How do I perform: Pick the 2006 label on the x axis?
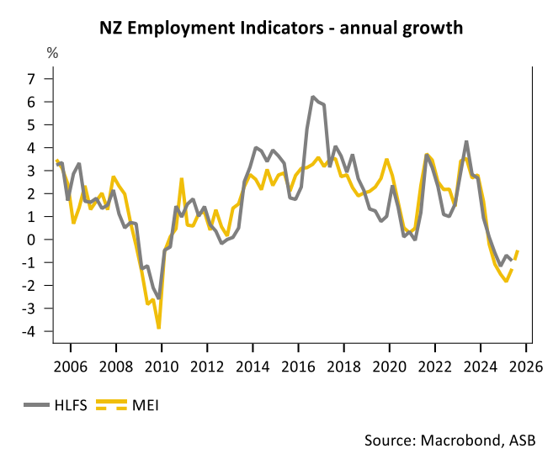[70, 367]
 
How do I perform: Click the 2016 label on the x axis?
[297, 367]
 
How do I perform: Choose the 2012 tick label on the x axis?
[206, 367]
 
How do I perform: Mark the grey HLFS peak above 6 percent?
[312, 98]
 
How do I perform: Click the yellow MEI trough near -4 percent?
[158, 327]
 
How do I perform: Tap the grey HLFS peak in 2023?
[466, 142]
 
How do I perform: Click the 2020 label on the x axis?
[389, 367]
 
